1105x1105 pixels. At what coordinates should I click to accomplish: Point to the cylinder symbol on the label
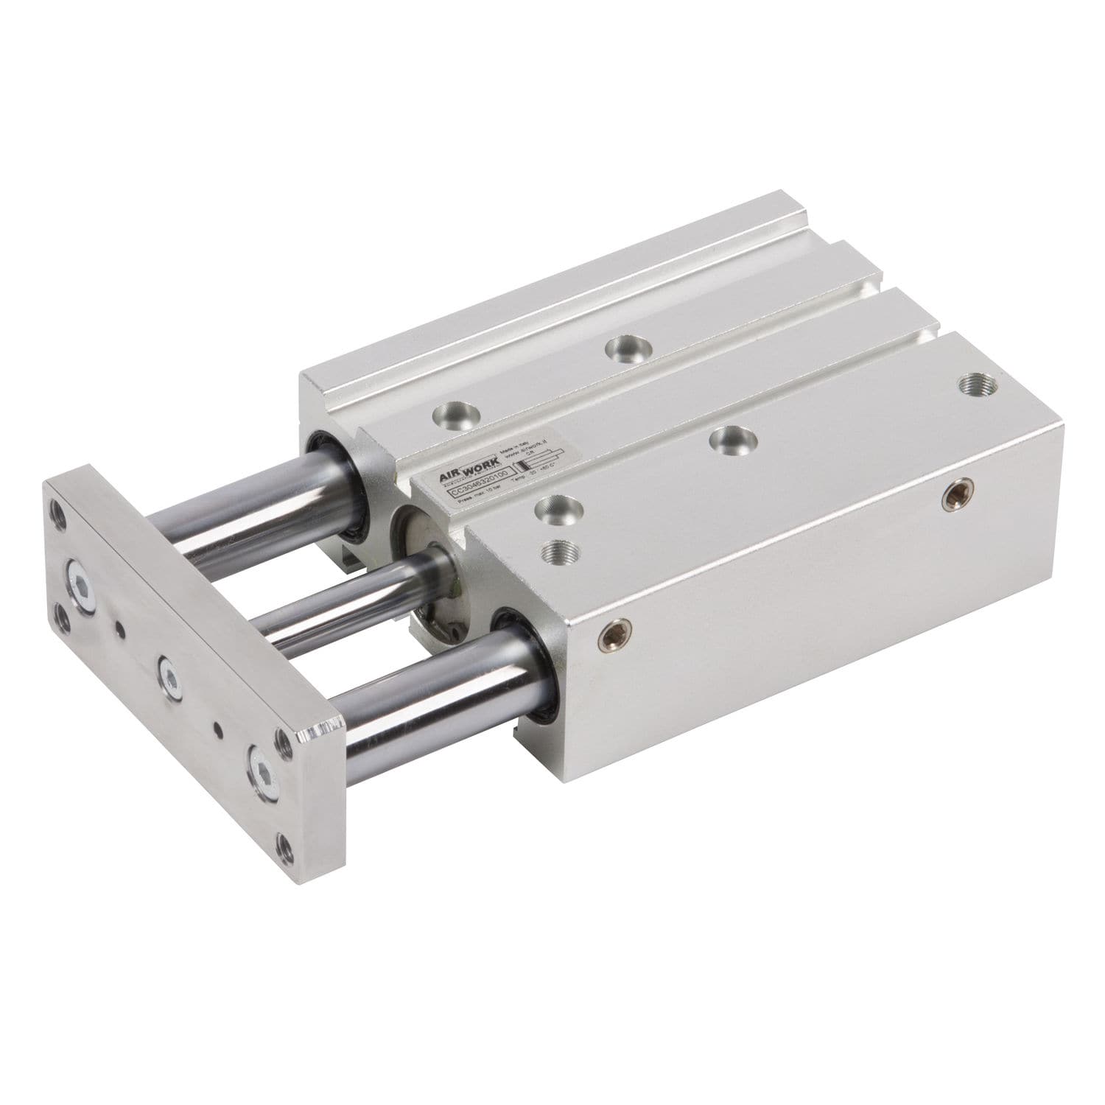[x=538, y=460]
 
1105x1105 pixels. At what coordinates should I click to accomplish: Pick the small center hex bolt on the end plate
[x=169, y=678]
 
